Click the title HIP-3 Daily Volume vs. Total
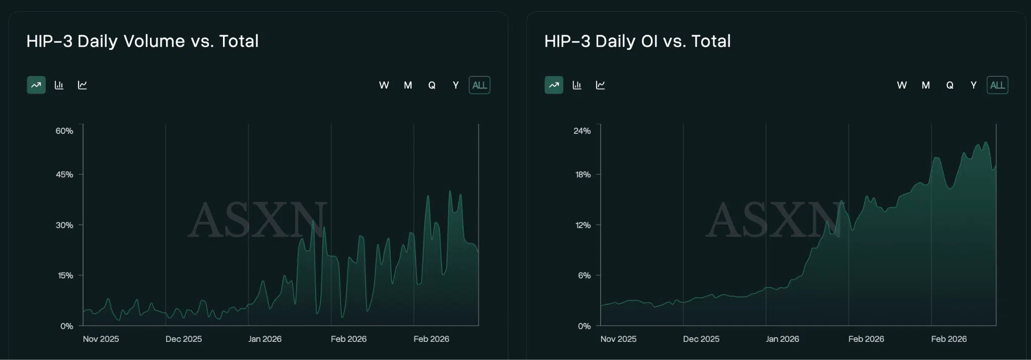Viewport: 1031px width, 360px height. [142, 41]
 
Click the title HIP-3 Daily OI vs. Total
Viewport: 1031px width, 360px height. [637, 41]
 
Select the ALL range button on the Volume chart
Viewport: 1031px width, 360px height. [479, 85]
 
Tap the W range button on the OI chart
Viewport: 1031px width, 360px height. [902, 85]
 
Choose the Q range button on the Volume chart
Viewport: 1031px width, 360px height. [432, 85]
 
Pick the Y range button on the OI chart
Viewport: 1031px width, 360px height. [974, 85]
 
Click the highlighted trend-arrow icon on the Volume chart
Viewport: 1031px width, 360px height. [36, 85]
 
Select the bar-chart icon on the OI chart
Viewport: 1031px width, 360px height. [577, 85]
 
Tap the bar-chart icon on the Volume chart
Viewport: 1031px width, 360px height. [59, 85]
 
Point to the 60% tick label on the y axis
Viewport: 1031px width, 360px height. [64, 131]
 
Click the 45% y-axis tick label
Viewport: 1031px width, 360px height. [64, 175]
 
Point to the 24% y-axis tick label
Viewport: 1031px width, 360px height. [582, 131]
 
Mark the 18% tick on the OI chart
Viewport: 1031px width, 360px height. [583, 175]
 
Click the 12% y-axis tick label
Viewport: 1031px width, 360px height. [583, 225]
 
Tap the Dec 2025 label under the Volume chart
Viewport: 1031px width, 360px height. [184, 339]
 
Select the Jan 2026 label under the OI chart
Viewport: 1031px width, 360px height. [782, 339]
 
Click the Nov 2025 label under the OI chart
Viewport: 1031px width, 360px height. [618, 339]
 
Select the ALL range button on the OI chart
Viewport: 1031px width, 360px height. [997, 85]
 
